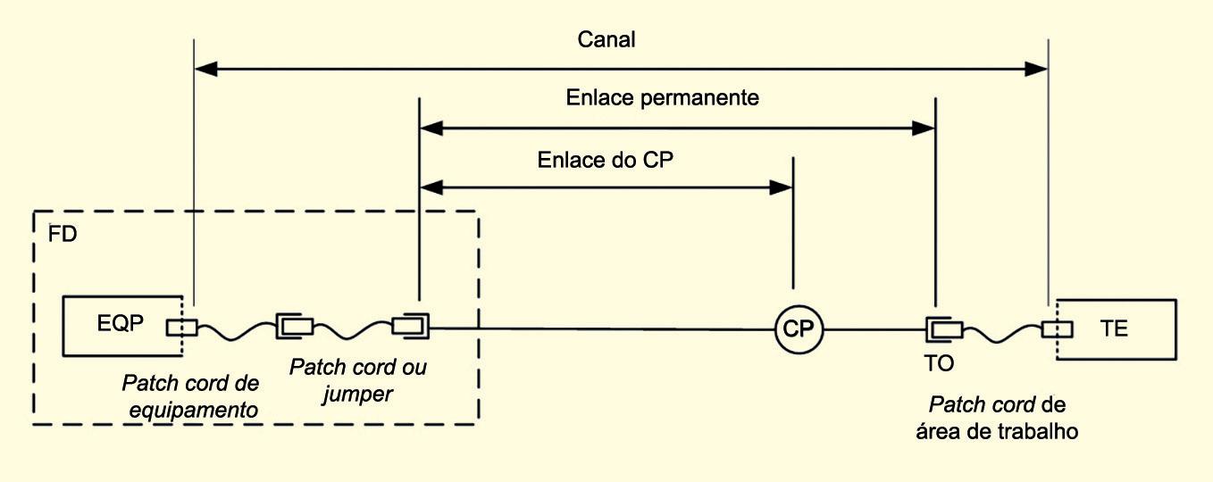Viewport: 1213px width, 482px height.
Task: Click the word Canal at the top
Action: coord(607,40)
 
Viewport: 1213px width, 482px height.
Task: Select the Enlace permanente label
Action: coord(662,98)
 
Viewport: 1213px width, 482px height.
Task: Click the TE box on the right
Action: coord(1117,328)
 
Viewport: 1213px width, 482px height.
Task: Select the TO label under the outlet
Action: coord(940,363)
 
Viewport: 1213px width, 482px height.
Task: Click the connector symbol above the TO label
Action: coord(942,329)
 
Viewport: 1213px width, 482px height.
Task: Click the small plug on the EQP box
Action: coord(181,327)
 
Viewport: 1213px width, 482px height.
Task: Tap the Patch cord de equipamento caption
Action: coord(189,396)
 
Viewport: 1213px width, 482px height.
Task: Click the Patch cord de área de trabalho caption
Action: coord(998,417)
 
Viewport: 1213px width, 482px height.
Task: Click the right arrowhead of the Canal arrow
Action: coord(1039,68)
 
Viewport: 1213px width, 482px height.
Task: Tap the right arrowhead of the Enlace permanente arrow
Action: coord(925,129)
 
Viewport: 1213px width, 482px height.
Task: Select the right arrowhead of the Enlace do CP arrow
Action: coord(784,187)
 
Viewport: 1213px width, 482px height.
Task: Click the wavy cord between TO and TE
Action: coord(1002,332)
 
